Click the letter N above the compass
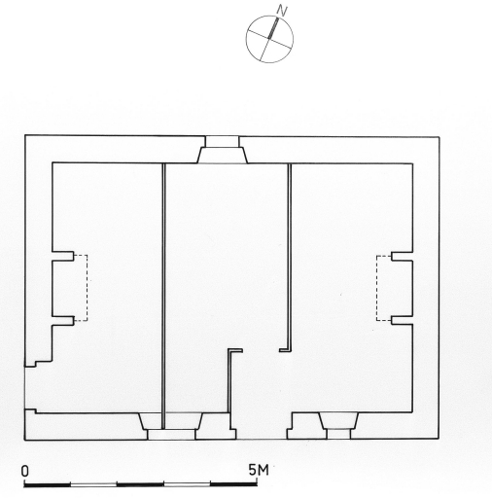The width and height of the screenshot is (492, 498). coord(282,12)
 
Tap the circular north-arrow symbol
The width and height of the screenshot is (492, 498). coord(269,39)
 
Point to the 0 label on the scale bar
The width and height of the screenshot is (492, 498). coord(25,472)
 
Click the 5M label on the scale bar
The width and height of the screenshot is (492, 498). coord(259,470)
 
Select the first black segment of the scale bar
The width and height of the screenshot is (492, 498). coord(48,484)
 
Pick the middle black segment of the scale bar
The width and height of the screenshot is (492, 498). coord(140,484)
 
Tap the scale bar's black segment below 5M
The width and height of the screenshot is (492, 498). coord(233,484)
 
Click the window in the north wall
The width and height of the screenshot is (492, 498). coord(223,150)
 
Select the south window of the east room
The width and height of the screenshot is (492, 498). coord(338,426)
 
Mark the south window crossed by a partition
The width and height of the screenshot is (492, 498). coord(171,426)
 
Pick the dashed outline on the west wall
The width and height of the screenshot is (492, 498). coord(81,288)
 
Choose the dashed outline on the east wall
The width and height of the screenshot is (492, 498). coord(384,288)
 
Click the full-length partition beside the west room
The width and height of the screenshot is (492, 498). coord(163,296)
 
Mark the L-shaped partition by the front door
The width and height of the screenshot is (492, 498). coord(229,381)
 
